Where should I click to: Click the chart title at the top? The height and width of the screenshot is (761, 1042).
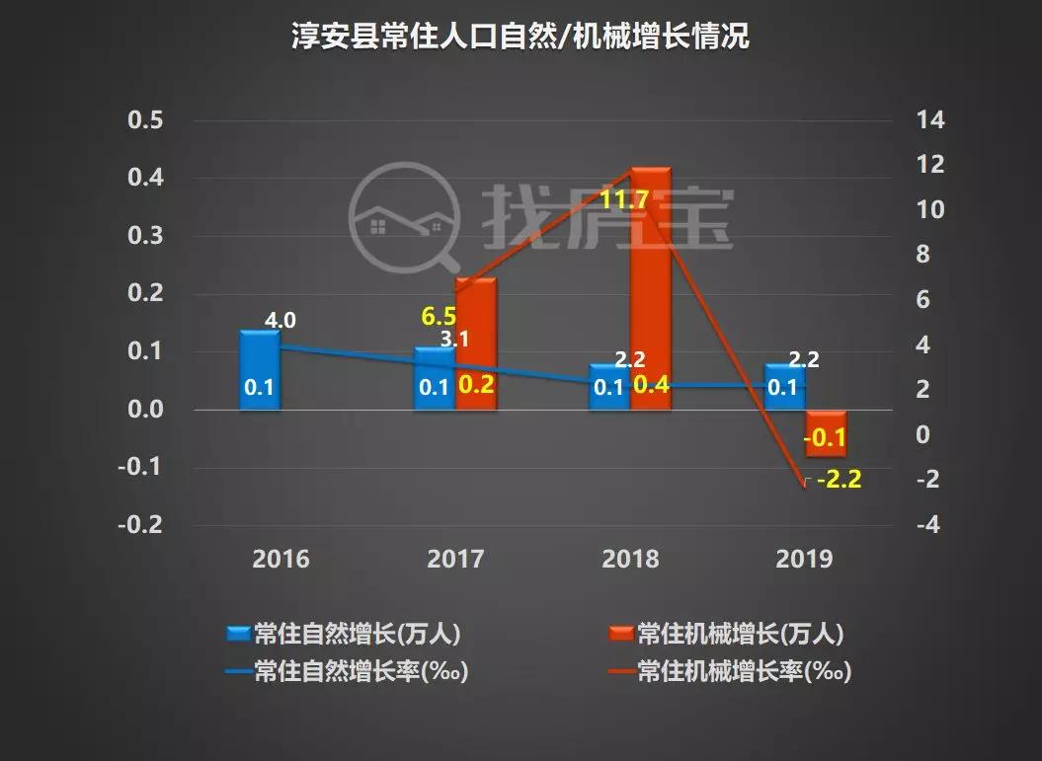[521, 38]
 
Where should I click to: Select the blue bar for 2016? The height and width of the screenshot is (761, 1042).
[261, 369]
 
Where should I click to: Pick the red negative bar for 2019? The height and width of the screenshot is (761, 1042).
[826, 432]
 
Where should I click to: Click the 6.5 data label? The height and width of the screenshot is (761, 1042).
[440, 317]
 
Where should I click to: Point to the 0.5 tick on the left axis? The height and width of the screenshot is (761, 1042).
[146, 120]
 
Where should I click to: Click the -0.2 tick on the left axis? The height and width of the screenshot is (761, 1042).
[142, 525]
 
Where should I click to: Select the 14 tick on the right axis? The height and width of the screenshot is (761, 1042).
[931, 120]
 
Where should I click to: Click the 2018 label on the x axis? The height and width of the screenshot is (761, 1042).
[630, 560]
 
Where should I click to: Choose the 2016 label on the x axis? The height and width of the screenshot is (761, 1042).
[281, 560]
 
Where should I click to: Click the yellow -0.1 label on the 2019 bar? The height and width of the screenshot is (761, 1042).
[824, 438]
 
